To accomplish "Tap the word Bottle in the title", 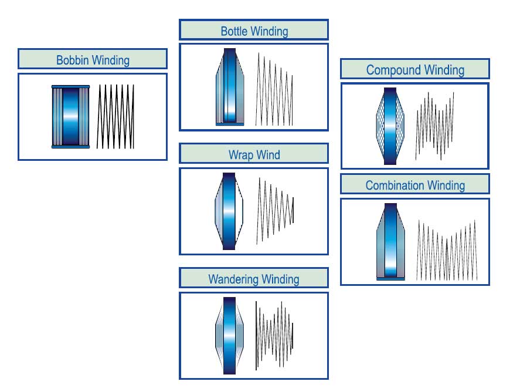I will tap(234, 31).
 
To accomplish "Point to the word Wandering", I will tap(234, 279).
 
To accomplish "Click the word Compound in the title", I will tap(392, 70).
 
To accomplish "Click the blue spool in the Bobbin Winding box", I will tap(70, 117).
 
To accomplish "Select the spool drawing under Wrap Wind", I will tap(228, 211).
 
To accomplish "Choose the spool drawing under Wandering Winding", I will tap(229, 336).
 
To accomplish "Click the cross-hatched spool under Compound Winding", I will tap(389, 126).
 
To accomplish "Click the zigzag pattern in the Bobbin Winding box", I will tap(116, 116).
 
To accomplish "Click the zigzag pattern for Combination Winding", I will tap(447, 250).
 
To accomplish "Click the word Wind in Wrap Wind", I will tap(269, 155).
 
